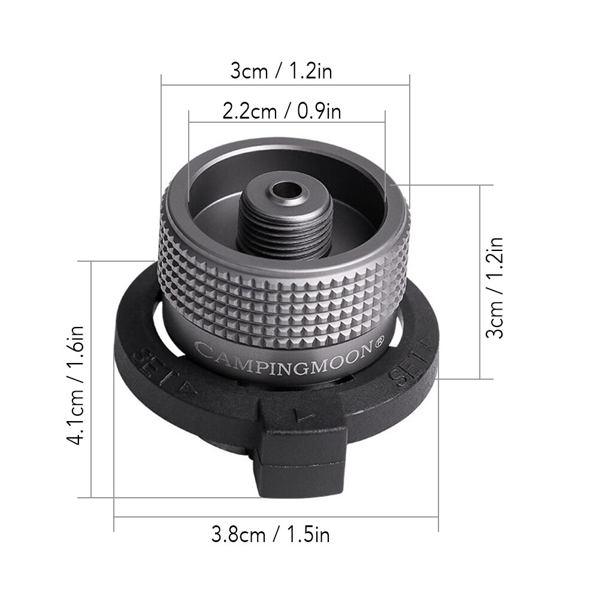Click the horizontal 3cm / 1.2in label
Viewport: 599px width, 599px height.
pos(282,71)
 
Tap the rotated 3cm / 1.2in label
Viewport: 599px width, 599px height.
pos(495,288)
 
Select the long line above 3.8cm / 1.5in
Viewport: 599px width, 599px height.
pos(276,516)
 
